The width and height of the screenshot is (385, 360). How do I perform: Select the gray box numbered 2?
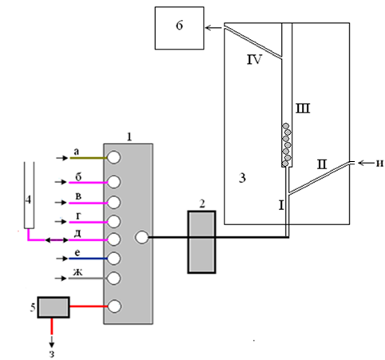201,242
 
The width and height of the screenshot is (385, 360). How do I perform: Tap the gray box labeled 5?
54,307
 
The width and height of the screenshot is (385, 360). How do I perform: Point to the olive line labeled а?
89,158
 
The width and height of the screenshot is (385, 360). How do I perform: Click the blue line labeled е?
88,259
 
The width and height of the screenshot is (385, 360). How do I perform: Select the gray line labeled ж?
88,279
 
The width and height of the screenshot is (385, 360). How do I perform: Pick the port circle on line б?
114,182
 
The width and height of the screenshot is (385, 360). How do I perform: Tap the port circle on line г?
114,221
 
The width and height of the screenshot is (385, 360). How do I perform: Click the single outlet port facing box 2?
142,237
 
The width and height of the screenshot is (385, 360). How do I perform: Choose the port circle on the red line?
115,307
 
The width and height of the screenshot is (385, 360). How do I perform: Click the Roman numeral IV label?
254,60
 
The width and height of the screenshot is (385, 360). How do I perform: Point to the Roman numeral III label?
303,109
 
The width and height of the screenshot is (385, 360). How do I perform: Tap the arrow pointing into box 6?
213,27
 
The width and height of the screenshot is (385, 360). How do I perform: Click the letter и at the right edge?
379,163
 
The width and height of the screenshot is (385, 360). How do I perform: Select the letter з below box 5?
52,354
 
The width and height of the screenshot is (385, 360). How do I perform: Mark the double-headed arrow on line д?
57,240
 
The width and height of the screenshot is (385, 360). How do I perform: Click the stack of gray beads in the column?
287,144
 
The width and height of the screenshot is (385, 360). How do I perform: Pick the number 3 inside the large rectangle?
242,178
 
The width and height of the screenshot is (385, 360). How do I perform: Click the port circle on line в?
114,203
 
